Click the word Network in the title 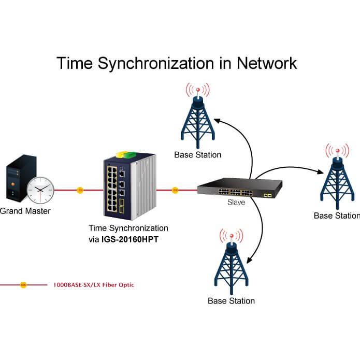[267, 63]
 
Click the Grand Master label [25, 211]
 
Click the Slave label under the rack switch [236, 203]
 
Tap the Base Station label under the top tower [197, 154]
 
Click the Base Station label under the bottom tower [231, 300]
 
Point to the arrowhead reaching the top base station [217, 120]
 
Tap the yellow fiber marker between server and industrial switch [80, 190]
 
